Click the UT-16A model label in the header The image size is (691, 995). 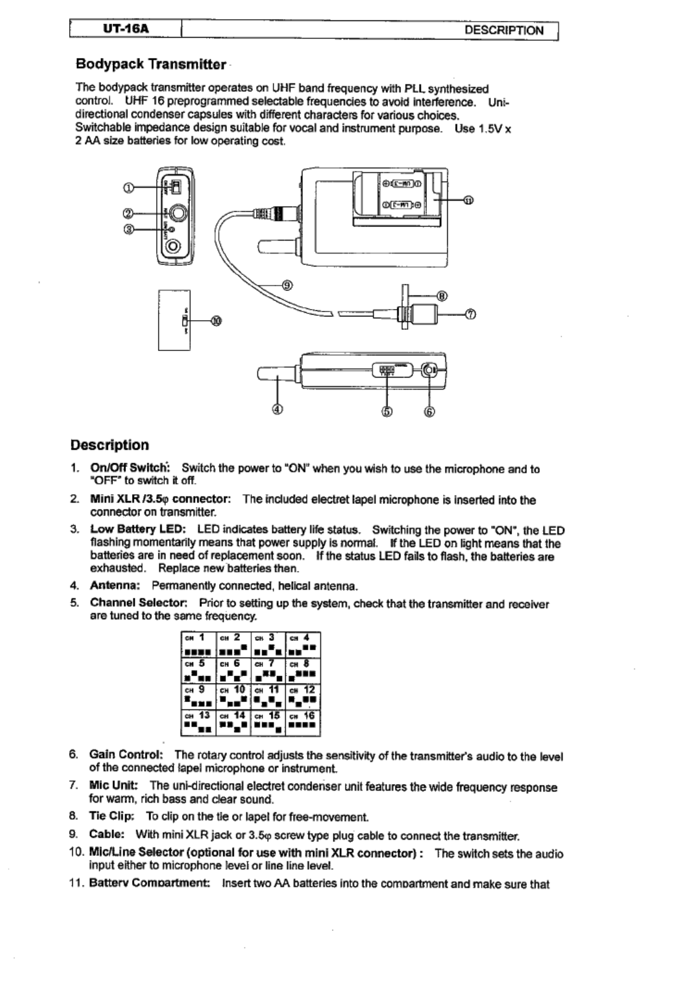(126, 30)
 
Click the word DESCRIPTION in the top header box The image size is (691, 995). (504, 31)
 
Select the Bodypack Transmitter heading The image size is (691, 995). (151, 64)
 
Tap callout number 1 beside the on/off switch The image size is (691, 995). (129, 188)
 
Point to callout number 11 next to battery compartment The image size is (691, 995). (469, 200)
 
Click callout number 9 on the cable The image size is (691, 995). (287, 285)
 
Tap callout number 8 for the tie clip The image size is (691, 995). (442, 295)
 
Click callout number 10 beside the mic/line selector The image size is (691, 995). (216, 321)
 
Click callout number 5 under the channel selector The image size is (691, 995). (387, 411)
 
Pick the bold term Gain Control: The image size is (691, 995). (126, 755)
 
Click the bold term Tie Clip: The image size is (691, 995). (112, 817)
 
